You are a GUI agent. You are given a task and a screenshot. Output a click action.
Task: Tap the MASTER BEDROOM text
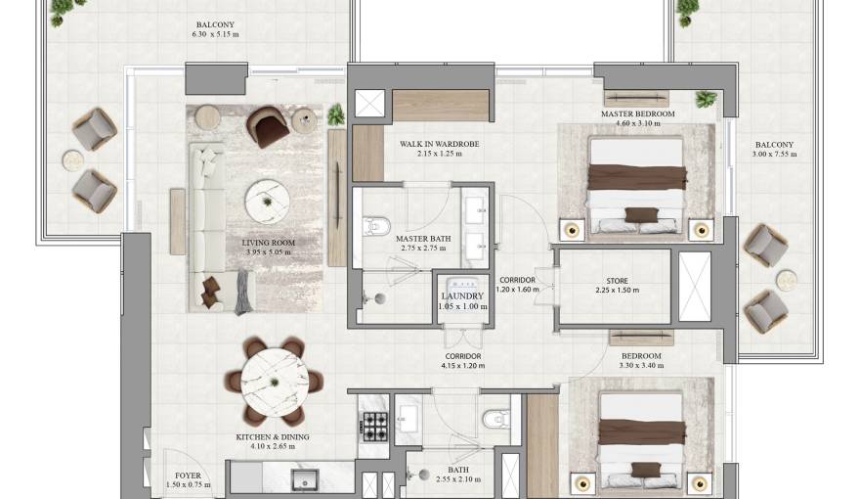pyautogui.click(x=637, y=114)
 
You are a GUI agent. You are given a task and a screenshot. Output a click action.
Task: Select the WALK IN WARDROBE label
pyautogui.click(x=439, y=144)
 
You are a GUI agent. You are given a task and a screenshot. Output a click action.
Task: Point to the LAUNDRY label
pyautogui.click(x=461, y=295)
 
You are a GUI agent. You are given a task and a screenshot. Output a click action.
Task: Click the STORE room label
pyautogui.click(x=617, y=281)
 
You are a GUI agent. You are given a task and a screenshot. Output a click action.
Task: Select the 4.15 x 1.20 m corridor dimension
pyautogui.click(x=462, y=366)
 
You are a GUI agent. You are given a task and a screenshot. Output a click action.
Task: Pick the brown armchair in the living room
pyautogui.click(x=266, y=124)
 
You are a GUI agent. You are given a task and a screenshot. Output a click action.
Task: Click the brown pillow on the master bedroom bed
pyautogui.click(x=640, y=215)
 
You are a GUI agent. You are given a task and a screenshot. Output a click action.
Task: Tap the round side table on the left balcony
pyautogui.click(x=73, y=159)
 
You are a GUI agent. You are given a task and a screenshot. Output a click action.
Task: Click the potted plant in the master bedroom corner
pyautogui.click(x=706, y=100)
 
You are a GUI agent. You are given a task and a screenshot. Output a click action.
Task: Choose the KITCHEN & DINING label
pyautogui.click(x=273, y=437)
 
